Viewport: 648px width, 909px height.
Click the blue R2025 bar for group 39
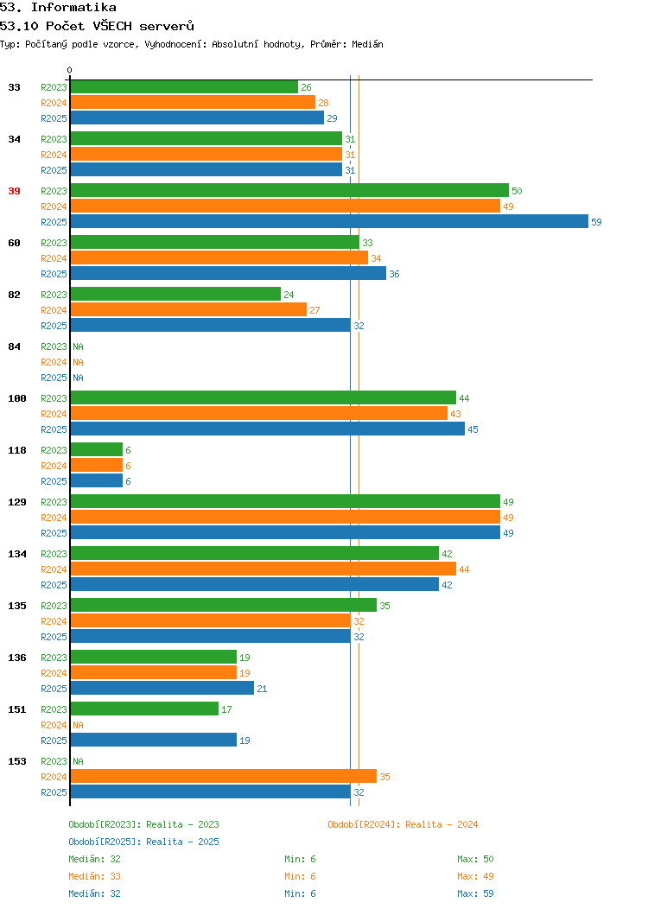pyautogui.click(x=329, y=221)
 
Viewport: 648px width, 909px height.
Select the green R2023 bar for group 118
pyautogui.click(x=97, y=450)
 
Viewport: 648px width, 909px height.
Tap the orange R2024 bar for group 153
pyautogui.click(x=224, y=776)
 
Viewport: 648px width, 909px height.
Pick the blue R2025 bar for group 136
pyautogui.click(x=162, y=688)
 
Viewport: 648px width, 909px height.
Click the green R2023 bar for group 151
pyautogui.click(x=145, y=709)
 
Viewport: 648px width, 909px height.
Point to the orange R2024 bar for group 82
pyautogui.click(x=189, y=309)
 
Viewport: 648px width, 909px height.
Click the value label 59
pyautogui.click(x=596, y=222)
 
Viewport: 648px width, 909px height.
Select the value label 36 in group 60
pyautogui.click(x=394, y=274)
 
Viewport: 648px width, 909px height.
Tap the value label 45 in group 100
pyautogui.click(x=473, y=429)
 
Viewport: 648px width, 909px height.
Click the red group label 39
pyautogui.click(x=15, y=191)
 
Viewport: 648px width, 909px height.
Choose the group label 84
pyautogui.click(x=15, y=346)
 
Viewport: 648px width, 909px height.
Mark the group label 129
pyautogui.click(x=17, y=502)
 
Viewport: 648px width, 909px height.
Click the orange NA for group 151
pyautogui.click(x=79, y=725)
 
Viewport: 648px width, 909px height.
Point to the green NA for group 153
pyautogui.click(x=79, y=761)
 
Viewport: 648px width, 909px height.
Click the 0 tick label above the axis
pyautogui.click(x=70, y=71)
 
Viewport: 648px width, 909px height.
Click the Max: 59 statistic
pyautogui.click(x=475, y=893)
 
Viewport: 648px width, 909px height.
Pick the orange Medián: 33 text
pyautogui.click(x=94, y=876)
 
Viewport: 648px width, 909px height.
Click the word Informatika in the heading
pyautogui.click(x=73, y=8)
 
